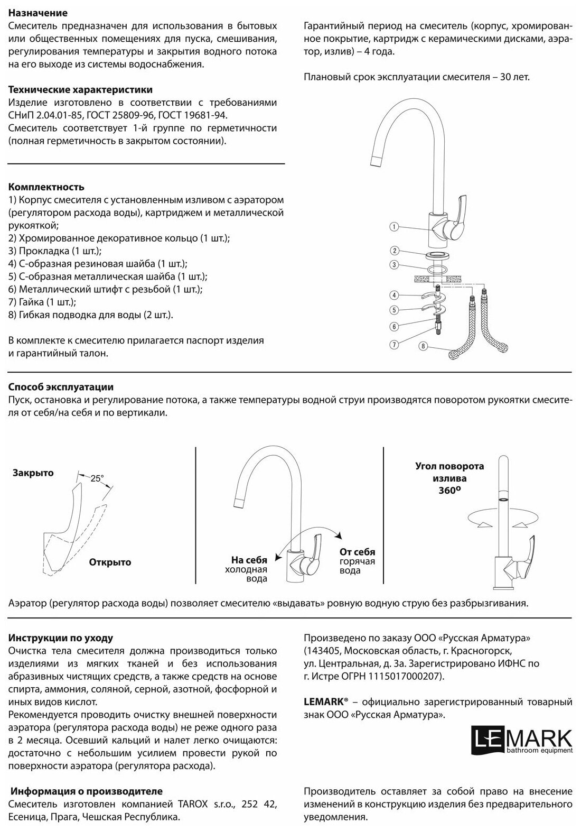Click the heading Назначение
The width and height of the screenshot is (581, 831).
38,13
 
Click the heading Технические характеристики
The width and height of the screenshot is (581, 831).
81,90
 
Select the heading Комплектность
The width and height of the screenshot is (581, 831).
46,187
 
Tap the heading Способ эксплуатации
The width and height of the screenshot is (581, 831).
61,387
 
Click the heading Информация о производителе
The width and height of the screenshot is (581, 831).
87,791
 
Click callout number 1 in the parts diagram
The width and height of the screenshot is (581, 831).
394,227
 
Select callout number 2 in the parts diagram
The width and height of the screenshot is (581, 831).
394,251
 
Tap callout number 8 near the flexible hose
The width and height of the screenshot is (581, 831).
423,347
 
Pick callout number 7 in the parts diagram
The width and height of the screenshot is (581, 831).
394,344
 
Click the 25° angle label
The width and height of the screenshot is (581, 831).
97,478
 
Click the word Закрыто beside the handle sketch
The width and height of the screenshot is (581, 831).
33,473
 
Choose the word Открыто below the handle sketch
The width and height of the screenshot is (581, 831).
110,562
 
